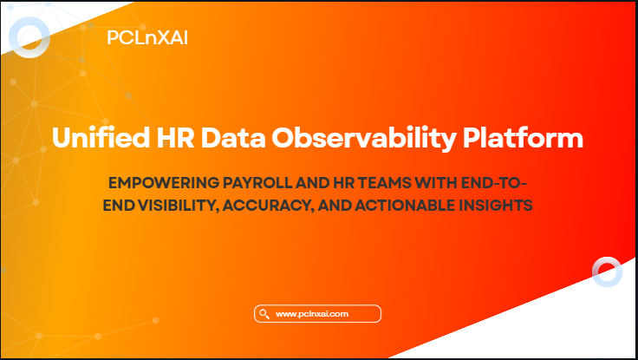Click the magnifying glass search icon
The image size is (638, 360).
point(263,313)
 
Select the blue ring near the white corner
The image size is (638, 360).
point(607,272)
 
